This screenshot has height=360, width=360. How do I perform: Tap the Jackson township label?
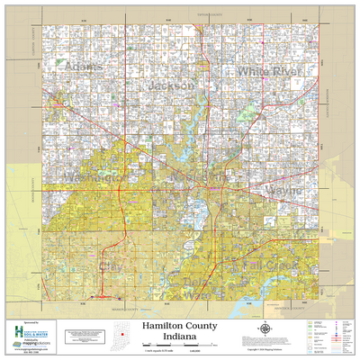pyautogui.click(x=167, y=85)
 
